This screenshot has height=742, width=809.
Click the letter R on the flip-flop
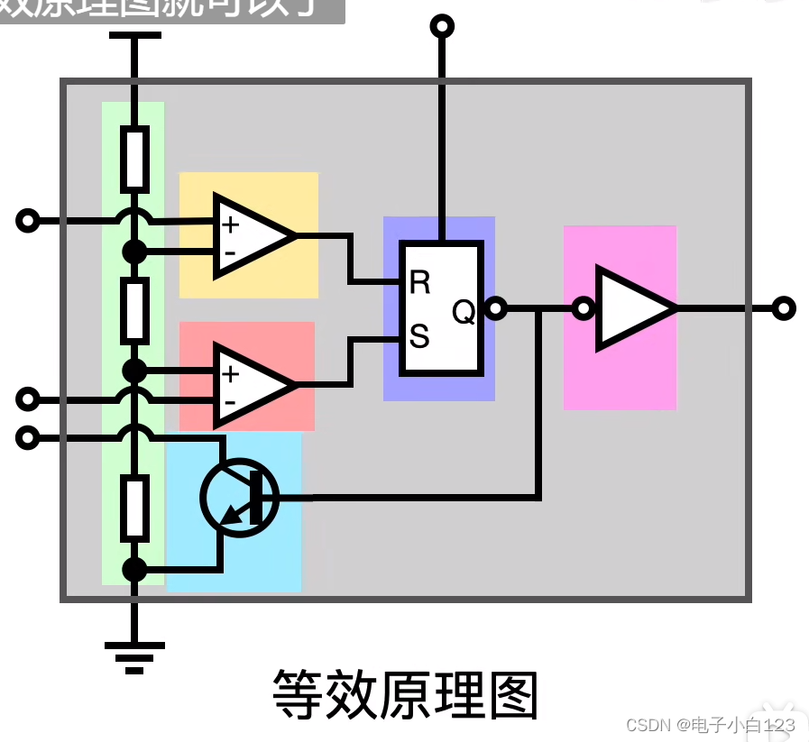click(x=419, y=282)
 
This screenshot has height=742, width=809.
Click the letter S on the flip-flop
click(x=419, y=337)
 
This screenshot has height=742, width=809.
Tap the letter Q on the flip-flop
click(x=464, y=312)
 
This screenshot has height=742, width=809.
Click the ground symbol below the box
click(x=134, y=655)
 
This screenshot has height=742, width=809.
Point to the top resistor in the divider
click(x=134, y=159)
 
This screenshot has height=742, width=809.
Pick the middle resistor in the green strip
click(x=134, y=308)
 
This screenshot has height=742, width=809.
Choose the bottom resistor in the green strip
click(x=134, y=508)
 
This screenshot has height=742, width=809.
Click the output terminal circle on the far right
click(x=785, y=308)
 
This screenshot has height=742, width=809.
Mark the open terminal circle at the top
click(x=442, y=25)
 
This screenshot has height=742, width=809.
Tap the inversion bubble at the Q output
click(x=494, y=309)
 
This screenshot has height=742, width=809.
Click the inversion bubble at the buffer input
click(x=584, y=309)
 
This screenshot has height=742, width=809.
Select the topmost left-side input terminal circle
click(x=29, y=220)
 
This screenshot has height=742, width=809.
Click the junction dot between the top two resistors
click(x=134, y=252)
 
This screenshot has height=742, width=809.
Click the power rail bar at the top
click(x=134, y=35)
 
